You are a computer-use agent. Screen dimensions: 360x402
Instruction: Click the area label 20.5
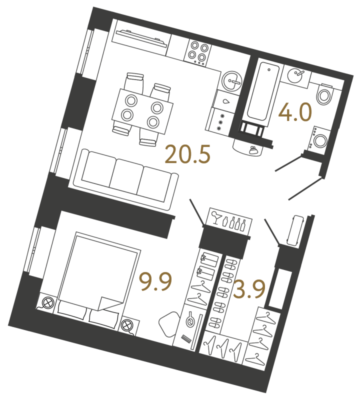point(187,154)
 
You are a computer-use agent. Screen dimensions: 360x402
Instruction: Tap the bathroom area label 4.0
point(295,112)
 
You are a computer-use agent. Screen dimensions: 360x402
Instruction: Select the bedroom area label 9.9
point(155,282)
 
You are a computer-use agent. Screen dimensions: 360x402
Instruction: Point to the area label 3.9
point(248,289)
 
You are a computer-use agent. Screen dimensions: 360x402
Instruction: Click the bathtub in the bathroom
point(263,91)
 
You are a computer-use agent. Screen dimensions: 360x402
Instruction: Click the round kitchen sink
point(232,80)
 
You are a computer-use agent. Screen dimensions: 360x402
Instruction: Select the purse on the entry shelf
point(253,149)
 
